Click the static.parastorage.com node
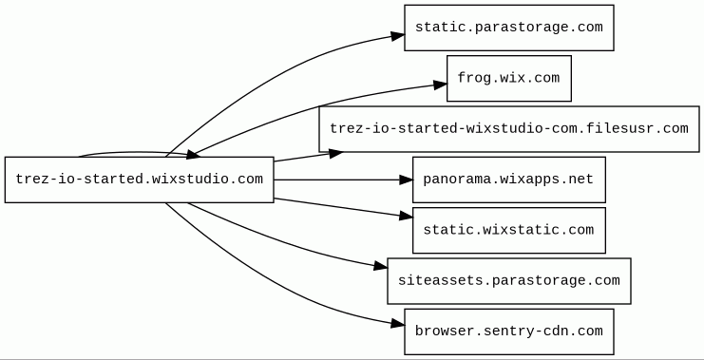point(509,28)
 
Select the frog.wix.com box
point(509,79)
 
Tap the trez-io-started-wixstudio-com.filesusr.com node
point(509,129)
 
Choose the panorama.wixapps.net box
point(509,180)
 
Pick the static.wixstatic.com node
point(509,230)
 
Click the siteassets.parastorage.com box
point(509,281)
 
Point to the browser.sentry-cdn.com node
point(509,332)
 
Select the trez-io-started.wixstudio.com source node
point(139,180)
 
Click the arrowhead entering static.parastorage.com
point(398,36)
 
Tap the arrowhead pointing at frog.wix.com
point(441,85)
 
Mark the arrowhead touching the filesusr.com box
point(335,154)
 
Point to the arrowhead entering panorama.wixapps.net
point(407,180)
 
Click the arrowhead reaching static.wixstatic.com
point(407,217)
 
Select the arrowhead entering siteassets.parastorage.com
point(381,266)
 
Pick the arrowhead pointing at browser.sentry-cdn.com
point(398,323)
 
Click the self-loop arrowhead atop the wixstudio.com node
point(193,155)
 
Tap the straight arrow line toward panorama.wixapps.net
point(336,180)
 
